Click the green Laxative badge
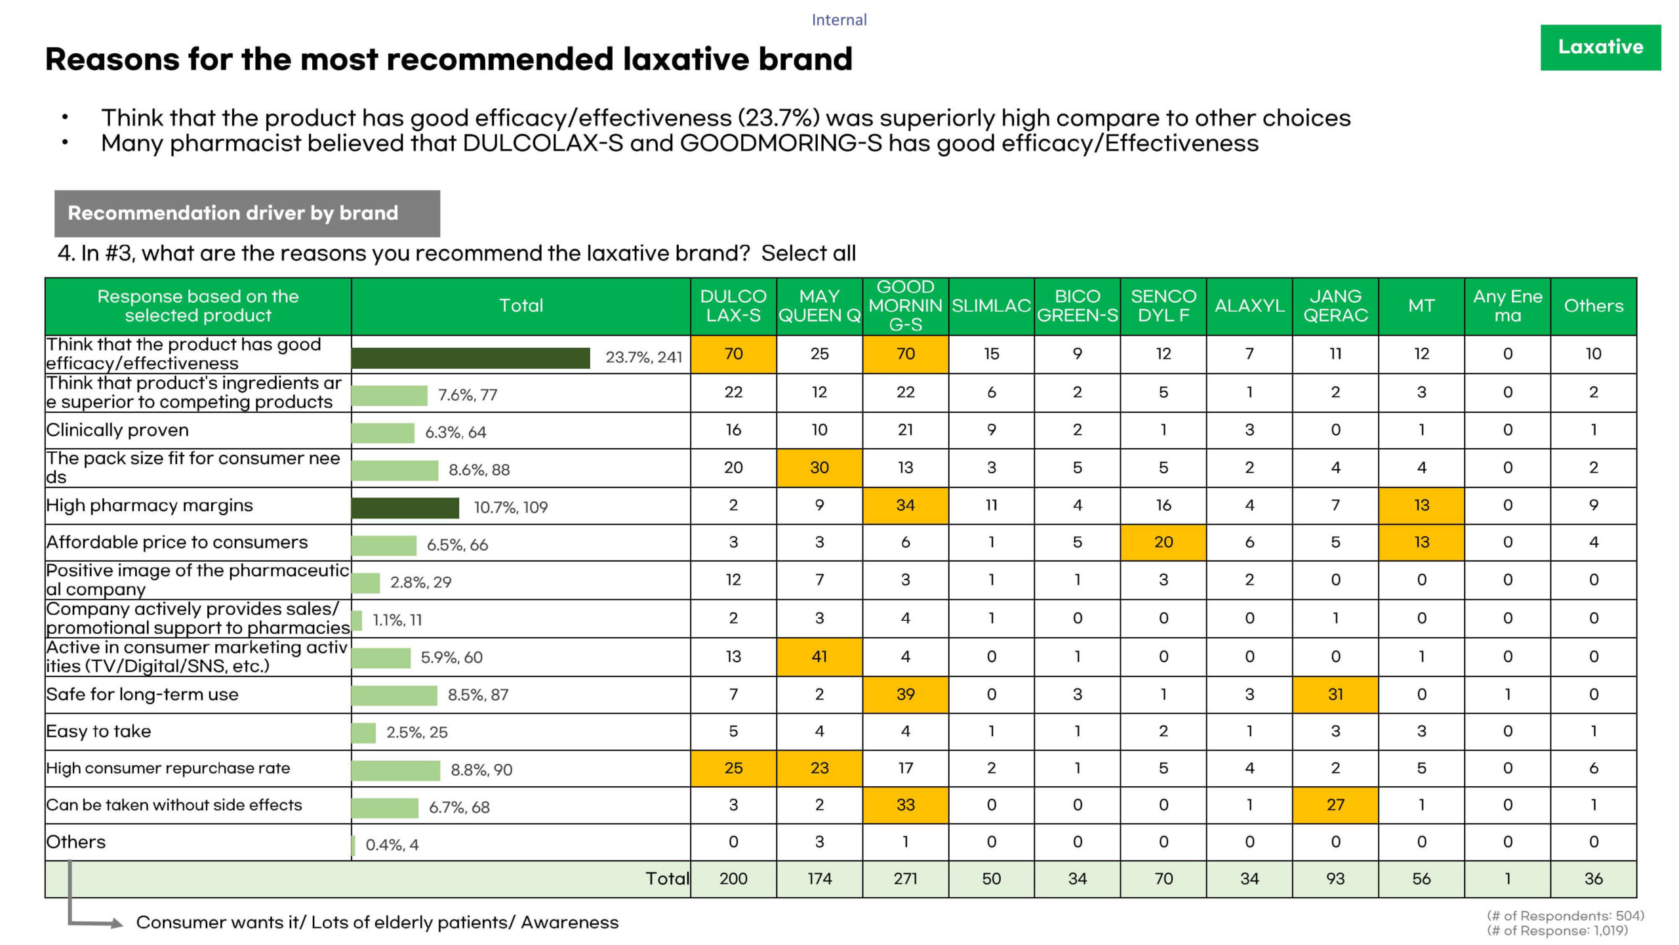(x=1600, y=47)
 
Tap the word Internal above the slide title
(x=839, y=20)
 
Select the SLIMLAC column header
(x=991, y=306)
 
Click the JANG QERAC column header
(x=1335, y=306)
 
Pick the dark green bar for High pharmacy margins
(x=405, y=507)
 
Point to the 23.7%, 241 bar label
(x=643, y=357)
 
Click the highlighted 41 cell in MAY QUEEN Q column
(x=819, y=656)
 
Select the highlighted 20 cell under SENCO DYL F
(x=1163, y=542)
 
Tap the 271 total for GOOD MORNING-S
(x=905, y=879)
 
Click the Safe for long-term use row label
(x=142, y=694)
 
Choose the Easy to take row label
(x=98, y=731)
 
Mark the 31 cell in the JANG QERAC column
(x=1335, y=694)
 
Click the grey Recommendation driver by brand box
(x=247, y=213)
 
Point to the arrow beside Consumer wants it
(x=115, y=923)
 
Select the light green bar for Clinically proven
(x=382, y=432)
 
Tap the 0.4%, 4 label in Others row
(x=392, y=845)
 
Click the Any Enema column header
(x=1507, y=306)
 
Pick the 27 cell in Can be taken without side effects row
(x=1335, y=805)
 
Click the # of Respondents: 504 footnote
(x=1565, y=916)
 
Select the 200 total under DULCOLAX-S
(x=733, y=879)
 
